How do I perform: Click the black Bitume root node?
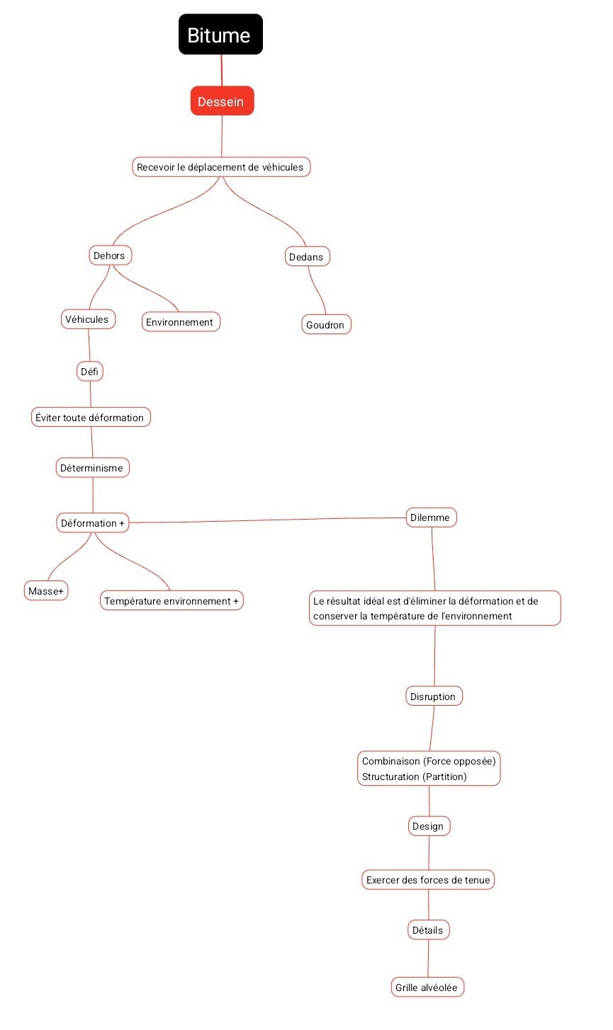pos(220,35)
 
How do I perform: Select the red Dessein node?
pos(222,101)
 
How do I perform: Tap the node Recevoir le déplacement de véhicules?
pos(221,167)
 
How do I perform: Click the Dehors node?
pos(110,256)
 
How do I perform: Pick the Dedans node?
pos(307,256)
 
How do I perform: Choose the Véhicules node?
pos(88,319)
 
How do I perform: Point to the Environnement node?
pos(181,322)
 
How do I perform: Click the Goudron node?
pos(326,325)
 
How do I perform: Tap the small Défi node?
pos(90,371)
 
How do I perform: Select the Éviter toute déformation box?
pos(91,417)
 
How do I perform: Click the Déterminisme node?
pos(93,468)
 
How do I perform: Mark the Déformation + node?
pos(93,523)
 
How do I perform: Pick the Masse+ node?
pos(46,591)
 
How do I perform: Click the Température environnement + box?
pos(171,600)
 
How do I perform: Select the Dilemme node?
pos(431,517)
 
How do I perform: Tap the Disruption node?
pos(434,696)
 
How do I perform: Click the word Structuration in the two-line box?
pos(390,776)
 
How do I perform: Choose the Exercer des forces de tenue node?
pos(428,880)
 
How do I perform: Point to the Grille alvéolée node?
pos(427,988)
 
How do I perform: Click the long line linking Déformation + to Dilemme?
pos(267,520)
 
